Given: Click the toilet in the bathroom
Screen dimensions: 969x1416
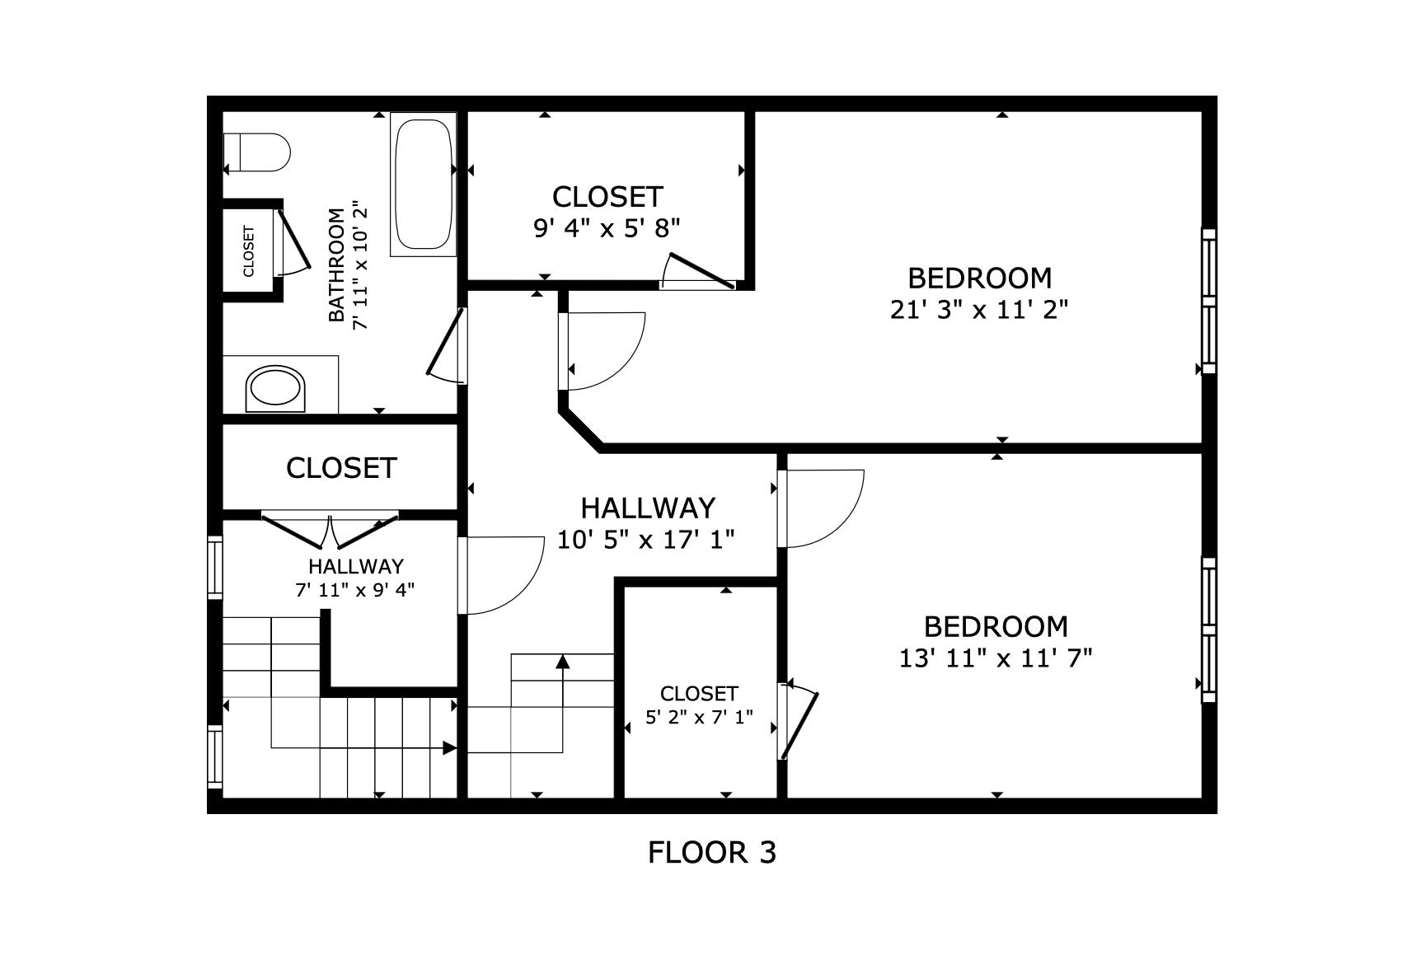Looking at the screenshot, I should point(258,152).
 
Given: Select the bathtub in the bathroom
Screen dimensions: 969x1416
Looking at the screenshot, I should point(424,184).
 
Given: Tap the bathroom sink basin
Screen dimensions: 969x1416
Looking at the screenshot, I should point(275,389).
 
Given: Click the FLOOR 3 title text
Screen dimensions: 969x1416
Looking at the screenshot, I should point(712,852).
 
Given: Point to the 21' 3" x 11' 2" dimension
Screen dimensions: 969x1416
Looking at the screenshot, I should point(979,310).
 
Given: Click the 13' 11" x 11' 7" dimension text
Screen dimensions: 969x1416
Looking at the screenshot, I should point(996,658).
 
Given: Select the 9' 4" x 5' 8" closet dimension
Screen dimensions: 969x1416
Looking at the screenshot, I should point(607,228).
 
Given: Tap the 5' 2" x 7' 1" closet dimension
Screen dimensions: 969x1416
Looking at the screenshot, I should point(699,717).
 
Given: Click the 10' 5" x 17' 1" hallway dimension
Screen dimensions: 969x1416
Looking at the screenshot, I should point(646,540).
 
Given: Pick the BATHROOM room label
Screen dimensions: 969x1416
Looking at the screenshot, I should point(336,264).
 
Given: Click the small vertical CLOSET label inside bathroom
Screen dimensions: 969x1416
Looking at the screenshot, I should point(249,250).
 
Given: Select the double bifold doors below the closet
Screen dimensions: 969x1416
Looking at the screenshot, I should point(330,531).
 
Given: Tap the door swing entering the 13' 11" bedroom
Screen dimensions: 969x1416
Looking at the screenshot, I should point(821,508).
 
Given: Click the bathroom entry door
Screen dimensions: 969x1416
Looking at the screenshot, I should point(448,346).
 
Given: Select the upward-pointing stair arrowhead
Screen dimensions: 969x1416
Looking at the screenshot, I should point(563,661).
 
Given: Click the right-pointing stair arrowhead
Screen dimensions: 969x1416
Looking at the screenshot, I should point(449,748).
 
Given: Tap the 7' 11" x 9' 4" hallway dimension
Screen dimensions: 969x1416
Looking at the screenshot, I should point(355,589).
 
